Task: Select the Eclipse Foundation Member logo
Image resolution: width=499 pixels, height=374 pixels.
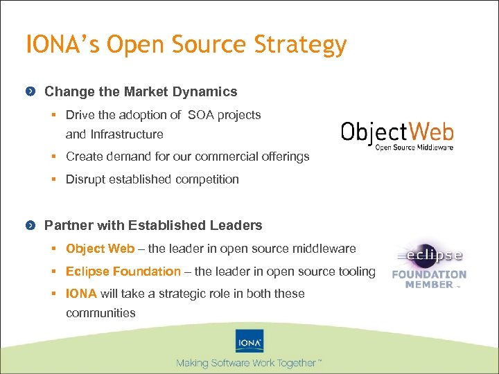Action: pyautogui.click(x=429, y=264)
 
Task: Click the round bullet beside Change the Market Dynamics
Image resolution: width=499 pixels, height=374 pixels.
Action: pyautogui.click(x=30, y=92)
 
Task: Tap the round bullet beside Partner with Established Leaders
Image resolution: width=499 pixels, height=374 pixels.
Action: pyautogui.click(x=30, y=226)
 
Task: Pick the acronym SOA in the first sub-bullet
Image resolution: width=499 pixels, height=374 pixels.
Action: pyautogui.click(x=201, y=115)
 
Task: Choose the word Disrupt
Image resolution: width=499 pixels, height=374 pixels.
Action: pyautogui.click(x=86, y=179)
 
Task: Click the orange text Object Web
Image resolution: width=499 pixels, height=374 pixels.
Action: pyautogui.click(x=100, y=249)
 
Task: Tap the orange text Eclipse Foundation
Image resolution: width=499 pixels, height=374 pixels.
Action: pyautogui.click(x=123, y=271)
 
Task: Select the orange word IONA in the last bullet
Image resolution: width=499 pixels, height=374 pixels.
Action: pyautogui.click(x=81, y=294)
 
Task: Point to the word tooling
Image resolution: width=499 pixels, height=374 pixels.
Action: pyautogui.click(x=356, y=271)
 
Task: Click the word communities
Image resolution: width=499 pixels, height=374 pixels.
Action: pyautogui.click(x=100, y=313)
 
